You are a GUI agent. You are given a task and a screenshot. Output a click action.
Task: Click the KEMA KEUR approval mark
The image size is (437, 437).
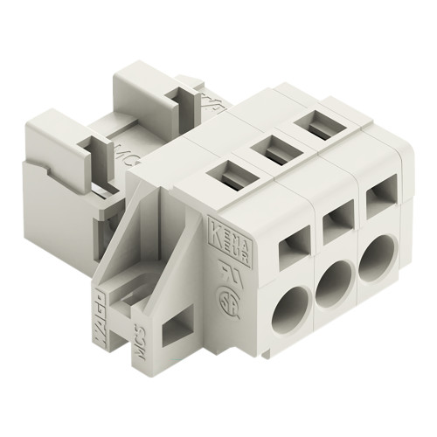click(x=219, y=238)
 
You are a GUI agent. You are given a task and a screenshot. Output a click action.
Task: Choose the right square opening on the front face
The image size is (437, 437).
click(x=379, y=202)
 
